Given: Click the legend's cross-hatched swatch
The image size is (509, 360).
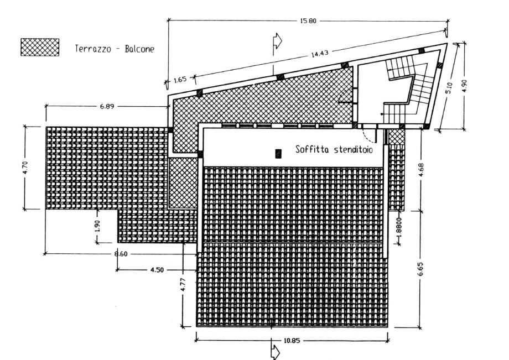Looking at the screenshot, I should click(x=39, y=47).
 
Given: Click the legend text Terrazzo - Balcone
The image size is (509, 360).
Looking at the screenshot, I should click(x=114, y=49).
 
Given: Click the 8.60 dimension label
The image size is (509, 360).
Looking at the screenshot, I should click(x=120, y=254).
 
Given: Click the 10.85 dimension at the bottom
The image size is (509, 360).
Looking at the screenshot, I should click(x=292, y=341).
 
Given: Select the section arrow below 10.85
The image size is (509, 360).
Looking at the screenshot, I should click(x=274, y=352).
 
